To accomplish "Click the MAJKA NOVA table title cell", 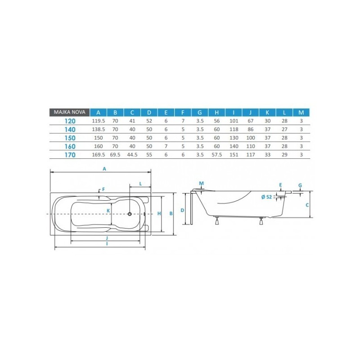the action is pos(69,112).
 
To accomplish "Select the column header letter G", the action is pos(200,112).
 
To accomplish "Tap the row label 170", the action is pos(70,155).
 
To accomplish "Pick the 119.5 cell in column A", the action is pos(99,121).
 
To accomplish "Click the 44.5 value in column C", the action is pos(132,155).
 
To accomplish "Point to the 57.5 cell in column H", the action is pos(217,155).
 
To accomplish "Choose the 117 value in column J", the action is pos(251,155).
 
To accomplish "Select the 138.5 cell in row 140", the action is pos(99,130).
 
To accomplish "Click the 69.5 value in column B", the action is pos(115,155).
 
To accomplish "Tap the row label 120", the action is pos(70,121).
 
